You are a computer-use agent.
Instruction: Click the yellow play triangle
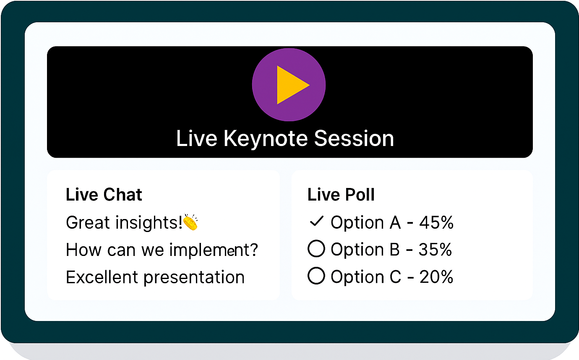(x=290, y=85)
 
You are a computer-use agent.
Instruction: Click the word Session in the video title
(x=354, y=138)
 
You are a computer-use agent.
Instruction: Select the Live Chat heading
(x=104, y=194)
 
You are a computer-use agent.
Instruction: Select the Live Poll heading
(x=341, y=194)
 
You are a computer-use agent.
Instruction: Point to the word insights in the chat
(x=149, y=223)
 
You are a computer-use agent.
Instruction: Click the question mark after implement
(x=253, y=250)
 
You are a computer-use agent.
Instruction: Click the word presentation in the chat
(x=194, y=278)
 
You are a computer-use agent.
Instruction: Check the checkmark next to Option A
(x=316, y=221)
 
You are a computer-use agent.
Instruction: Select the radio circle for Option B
(x=316, y=249)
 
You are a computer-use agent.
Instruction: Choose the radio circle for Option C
(x=316, y=276)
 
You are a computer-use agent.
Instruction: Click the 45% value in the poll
(x=436, y=222)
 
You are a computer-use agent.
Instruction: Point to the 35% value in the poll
(x=435, y=250)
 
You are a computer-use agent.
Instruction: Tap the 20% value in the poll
(x=436, y=277)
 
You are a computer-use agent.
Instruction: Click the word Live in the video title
(x=197, y=138)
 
